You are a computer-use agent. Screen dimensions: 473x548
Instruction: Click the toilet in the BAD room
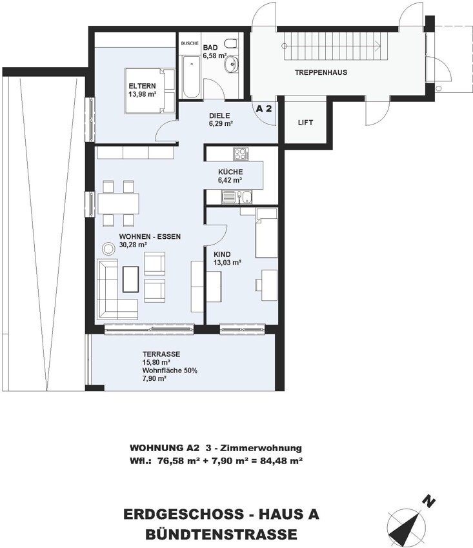point(231,43)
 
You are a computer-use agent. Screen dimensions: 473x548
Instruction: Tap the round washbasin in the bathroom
point(231,65)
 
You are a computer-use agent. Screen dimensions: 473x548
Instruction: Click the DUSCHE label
point(190,44)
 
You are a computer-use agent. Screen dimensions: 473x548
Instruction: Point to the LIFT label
point(305,123)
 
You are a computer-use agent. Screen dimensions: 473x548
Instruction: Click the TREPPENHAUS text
point(321,73)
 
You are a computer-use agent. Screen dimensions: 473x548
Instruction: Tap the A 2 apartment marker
point(264,108)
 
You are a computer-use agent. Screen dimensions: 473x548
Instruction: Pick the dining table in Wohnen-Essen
point(119,203)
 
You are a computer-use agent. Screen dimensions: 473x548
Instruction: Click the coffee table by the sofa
point(131,279)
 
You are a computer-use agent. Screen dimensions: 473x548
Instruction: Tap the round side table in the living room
point(108,249)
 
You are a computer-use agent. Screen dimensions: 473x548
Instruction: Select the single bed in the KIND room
point(267,233)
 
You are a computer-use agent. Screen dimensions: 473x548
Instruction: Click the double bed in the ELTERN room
point(150,91)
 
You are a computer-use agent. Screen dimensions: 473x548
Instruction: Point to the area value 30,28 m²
point(133,245)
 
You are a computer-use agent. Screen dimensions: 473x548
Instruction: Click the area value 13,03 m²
point(228,263)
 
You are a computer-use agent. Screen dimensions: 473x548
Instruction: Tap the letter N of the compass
point(428,502)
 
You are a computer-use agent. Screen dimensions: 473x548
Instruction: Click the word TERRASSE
point(161,354)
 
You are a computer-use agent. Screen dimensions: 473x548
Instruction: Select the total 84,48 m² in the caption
point(281,461)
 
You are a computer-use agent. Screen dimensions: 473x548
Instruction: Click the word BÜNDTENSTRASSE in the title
point(221,534)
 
